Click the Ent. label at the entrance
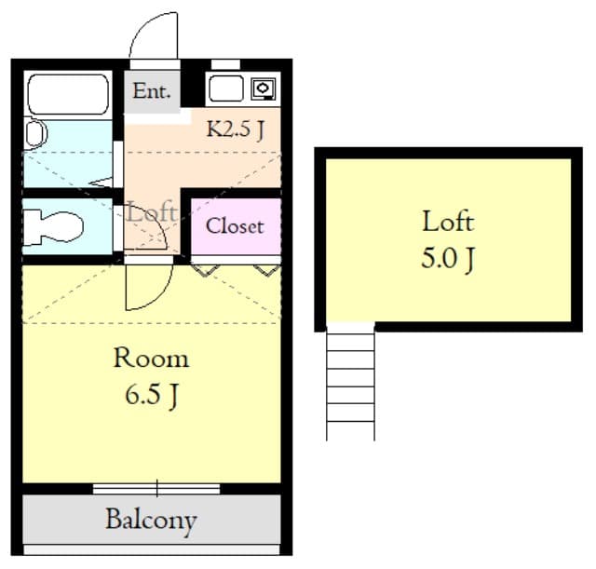[x=152, y=91]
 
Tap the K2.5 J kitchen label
[x=236, y=129]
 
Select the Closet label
[x=235, y=225]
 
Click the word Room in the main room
[x=151, y=358]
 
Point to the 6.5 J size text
[x=151, y=394]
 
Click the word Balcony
[x=151, y=519]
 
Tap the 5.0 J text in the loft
[x=448, y=257]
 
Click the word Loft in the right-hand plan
[x=448, y=222]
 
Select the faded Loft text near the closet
[x=152, y=211]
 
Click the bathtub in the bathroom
[x=69, y=93]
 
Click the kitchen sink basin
[x=225, y=89]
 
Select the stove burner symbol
[x=263, y=89]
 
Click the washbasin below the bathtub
[x=35, y=133]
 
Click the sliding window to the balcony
[x=156, y=488]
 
